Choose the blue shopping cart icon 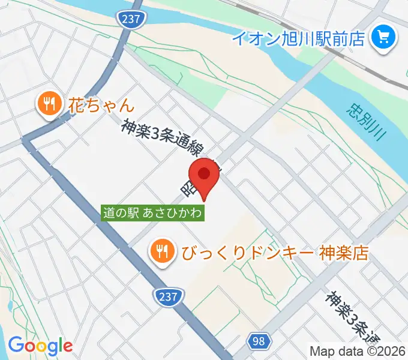point(382,39)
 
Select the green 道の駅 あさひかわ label point(153,212)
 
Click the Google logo point(40,346)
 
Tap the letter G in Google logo point(16,345)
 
